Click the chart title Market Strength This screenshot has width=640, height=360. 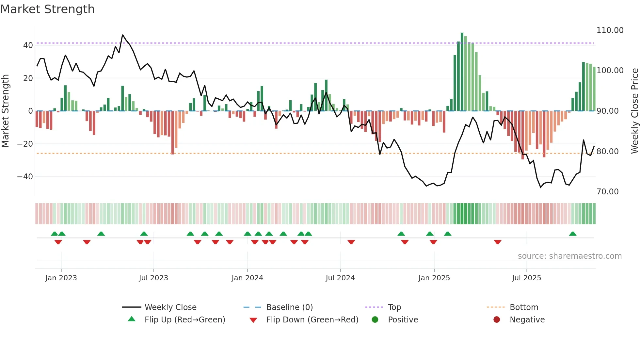[48, 9]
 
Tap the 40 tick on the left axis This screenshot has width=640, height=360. [28, 45]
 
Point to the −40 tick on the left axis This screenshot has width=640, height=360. [25, 177]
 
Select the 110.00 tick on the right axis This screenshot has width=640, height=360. [610, 30]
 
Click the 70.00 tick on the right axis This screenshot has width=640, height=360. [608, 192]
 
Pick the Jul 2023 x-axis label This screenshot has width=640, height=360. [153, 278]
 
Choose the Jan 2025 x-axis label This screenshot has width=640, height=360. [434, 278]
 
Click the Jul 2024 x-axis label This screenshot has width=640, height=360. [340, 278]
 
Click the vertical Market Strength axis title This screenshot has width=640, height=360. [5, 111]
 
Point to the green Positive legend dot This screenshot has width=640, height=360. [375, 320]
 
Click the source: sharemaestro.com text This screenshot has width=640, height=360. [569, 256]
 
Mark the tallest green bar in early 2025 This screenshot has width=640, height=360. [462, 72]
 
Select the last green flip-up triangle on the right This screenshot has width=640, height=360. [572, 234]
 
